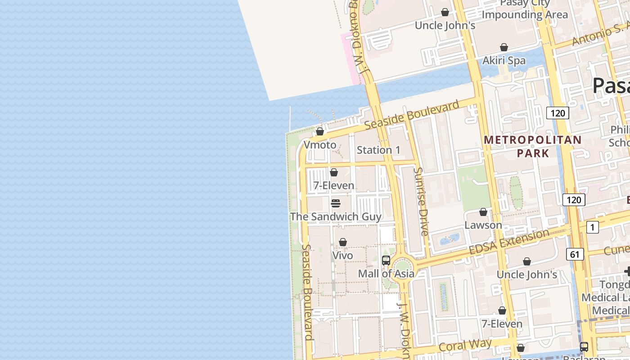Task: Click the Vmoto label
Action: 320,145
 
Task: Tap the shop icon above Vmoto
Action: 320,131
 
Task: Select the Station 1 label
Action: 378,150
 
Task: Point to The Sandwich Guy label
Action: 336,216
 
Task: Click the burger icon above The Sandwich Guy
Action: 335,203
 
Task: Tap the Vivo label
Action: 342,255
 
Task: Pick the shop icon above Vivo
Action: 343,242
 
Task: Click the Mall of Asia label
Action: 386,273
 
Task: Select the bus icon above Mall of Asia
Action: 386,260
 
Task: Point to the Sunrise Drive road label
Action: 422,202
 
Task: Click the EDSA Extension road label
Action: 509,243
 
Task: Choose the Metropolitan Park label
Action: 533,146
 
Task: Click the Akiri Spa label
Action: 504,60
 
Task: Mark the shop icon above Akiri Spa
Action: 504,47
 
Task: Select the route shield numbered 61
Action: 575,254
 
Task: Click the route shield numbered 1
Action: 593,227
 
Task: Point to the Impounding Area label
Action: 525,14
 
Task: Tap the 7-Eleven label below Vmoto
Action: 334,185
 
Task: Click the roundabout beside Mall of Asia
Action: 402,266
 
